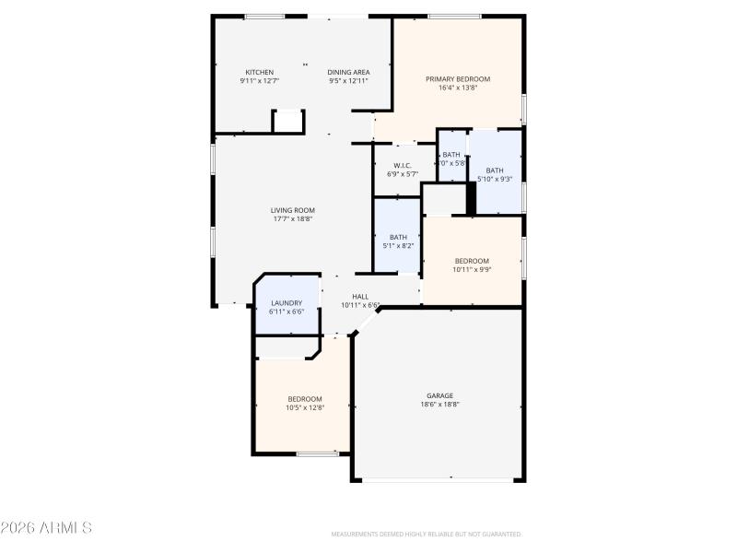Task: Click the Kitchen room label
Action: click(259, 72)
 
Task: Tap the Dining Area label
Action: click(348, 72)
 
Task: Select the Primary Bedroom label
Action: click(458, 79)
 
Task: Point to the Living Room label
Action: click(293, 210)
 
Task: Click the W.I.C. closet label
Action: click(403, 166)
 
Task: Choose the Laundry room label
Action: click(286, 303)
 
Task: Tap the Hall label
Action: click(360, 297)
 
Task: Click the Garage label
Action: click(439, 395)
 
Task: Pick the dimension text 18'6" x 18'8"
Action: click(439, 405)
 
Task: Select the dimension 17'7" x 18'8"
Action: click(293, 219)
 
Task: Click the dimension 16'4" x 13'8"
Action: click(458, 88)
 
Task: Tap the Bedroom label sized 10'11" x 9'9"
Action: click(471, 261)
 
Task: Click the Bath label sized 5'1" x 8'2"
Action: click(398, 237)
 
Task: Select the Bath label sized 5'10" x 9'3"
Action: click(496, 170)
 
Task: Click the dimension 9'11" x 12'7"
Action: click(259, 81)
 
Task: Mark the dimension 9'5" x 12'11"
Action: click(348, 81)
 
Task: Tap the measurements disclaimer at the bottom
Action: click(426, 534)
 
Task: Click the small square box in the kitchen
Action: click(287, 122)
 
